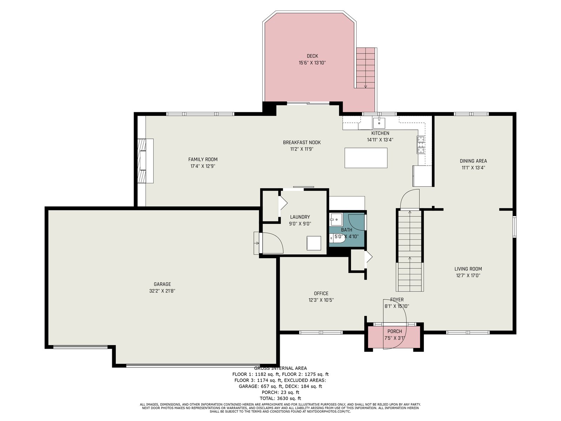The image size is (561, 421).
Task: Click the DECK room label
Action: click(312, 56)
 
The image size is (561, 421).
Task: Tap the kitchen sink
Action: click(379, 123)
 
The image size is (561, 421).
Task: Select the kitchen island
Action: click(366, 158)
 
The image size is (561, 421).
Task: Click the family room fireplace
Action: click(146, 161)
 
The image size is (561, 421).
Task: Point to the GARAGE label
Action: click(162, 284)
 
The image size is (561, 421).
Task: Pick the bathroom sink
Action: click(336, 219)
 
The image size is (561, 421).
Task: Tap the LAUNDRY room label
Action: click(300, 217)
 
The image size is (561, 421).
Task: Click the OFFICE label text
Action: click(321, 293)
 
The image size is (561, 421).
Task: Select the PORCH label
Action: click(394, 331)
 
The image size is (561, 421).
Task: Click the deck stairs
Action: click(366, 68)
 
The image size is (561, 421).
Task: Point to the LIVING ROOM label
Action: click(468, 269)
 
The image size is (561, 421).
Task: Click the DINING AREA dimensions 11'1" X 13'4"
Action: click(473, 168)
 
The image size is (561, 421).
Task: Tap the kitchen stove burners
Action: click(421, 145)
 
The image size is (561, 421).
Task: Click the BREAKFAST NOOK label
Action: click(302, 142)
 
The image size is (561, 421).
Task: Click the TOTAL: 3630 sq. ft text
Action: click(280, 398)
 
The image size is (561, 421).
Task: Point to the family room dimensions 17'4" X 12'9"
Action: click(203, 166)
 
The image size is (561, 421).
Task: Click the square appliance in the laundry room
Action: click(313, 243)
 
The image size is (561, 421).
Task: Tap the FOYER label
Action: click(397, 300)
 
